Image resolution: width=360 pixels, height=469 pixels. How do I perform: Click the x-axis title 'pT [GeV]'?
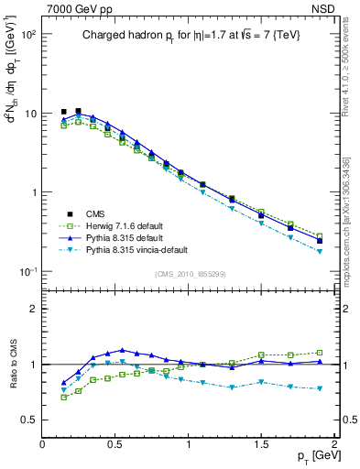coord(315,454)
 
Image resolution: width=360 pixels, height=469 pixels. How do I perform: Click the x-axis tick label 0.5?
coord(115,443)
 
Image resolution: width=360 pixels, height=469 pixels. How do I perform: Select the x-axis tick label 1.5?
coord(262,443)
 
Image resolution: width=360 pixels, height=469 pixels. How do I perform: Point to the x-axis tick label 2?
coord(335,443)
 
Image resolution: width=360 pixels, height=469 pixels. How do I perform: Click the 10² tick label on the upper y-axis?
coord(27,35)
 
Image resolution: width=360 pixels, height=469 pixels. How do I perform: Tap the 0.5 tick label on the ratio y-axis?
coord(28,420)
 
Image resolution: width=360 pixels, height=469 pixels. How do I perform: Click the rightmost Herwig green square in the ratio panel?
coord(320,352)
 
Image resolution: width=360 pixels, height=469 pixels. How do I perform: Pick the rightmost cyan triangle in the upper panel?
coord(320,251)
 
